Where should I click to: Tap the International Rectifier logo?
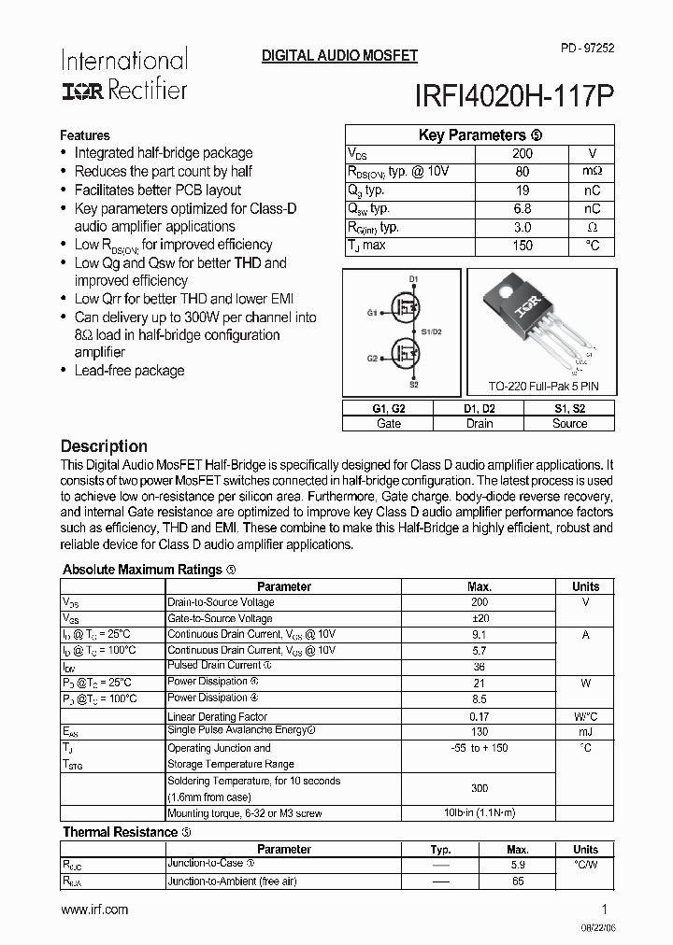(124, 75)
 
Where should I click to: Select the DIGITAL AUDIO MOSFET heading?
(339, 57)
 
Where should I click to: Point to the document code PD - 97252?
(587, 47)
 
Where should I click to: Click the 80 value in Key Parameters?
(523, 172)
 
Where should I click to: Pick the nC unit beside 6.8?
(592, 209)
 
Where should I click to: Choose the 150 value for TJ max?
(523, 246)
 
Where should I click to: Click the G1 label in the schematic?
(372, 312)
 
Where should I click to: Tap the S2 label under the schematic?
(413, 385)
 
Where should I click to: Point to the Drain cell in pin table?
(479, 423)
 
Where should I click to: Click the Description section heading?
(104, 446)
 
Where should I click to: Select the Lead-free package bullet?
(129, 371)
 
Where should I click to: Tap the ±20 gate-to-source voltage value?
(480, 618)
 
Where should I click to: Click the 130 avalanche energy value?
(480, 732)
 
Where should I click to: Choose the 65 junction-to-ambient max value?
(518, 881)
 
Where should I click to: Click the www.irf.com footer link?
(94, 910)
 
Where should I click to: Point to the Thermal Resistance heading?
(120, 832)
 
